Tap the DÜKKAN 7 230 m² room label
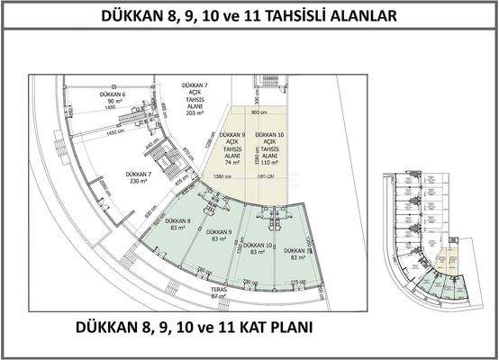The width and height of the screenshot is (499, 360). pos(137,176)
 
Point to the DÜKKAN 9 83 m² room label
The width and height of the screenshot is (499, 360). pos(219,235)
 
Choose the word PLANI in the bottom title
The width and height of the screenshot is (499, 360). pos(286,327)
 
